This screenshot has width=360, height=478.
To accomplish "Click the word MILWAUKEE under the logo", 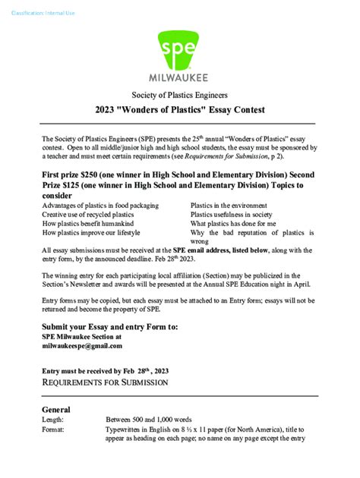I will (x=181, y=77).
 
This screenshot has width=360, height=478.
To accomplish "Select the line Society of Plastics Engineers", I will (x=180, y=95).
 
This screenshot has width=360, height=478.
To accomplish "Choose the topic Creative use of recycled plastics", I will (x=92, y=215).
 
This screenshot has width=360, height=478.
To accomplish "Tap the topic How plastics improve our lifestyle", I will (x=90, y=234).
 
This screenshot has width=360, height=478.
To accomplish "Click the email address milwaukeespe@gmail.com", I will (x=82, y=346).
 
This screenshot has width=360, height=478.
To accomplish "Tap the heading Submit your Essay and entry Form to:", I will (x=110, y=326).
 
